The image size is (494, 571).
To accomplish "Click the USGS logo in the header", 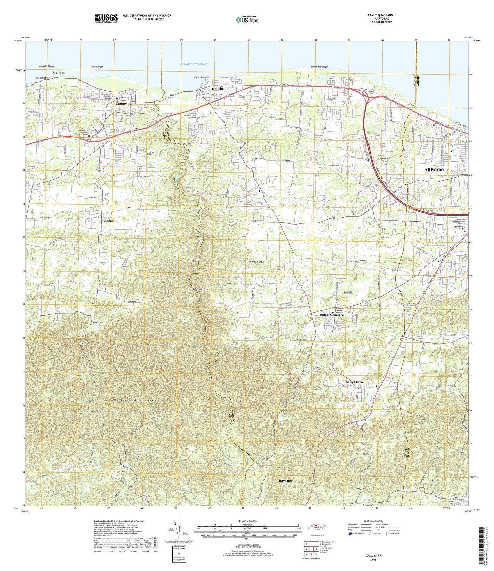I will click(x=106, y=18).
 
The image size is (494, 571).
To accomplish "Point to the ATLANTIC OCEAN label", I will click(x=193, y=64).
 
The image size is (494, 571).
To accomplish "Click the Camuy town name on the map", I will click(x=121, y=103).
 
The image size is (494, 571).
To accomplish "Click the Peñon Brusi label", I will click(x=97, y=66).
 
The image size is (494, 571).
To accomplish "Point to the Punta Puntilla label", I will click(x=42, y=78).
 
